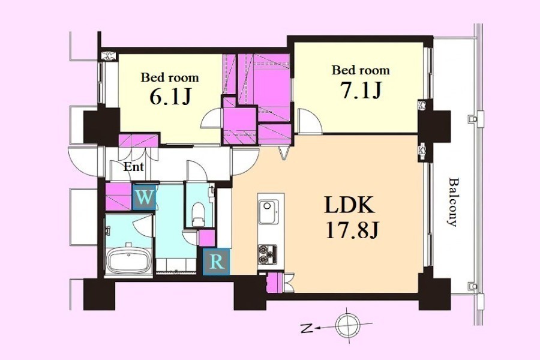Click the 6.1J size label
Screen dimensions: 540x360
(170, 97)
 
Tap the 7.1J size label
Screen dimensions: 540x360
(361, 89)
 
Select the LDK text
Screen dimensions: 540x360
(350, 206)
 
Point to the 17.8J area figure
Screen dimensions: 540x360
(352, 230)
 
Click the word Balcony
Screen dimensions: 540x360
(454, 202)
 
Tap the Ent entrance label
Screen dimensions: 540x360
(133, 167)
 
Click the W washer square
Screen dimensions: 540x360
(144, 197)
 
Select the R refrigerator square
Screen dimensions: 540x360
(216, 262)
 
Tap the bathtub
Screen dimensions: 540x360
(129, 260)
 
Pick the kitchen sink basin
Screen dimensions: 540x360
(268, 211)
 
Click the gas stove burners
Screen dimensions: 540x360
(267, 254)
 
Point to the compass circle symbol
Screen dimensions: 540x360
(348, 325)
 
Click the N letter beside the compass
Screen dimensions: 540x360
(306, 329)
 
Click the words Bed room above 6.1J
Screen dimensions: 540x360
(170, 77)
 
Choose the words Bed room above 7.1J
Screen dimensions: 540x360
(361, 70)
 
